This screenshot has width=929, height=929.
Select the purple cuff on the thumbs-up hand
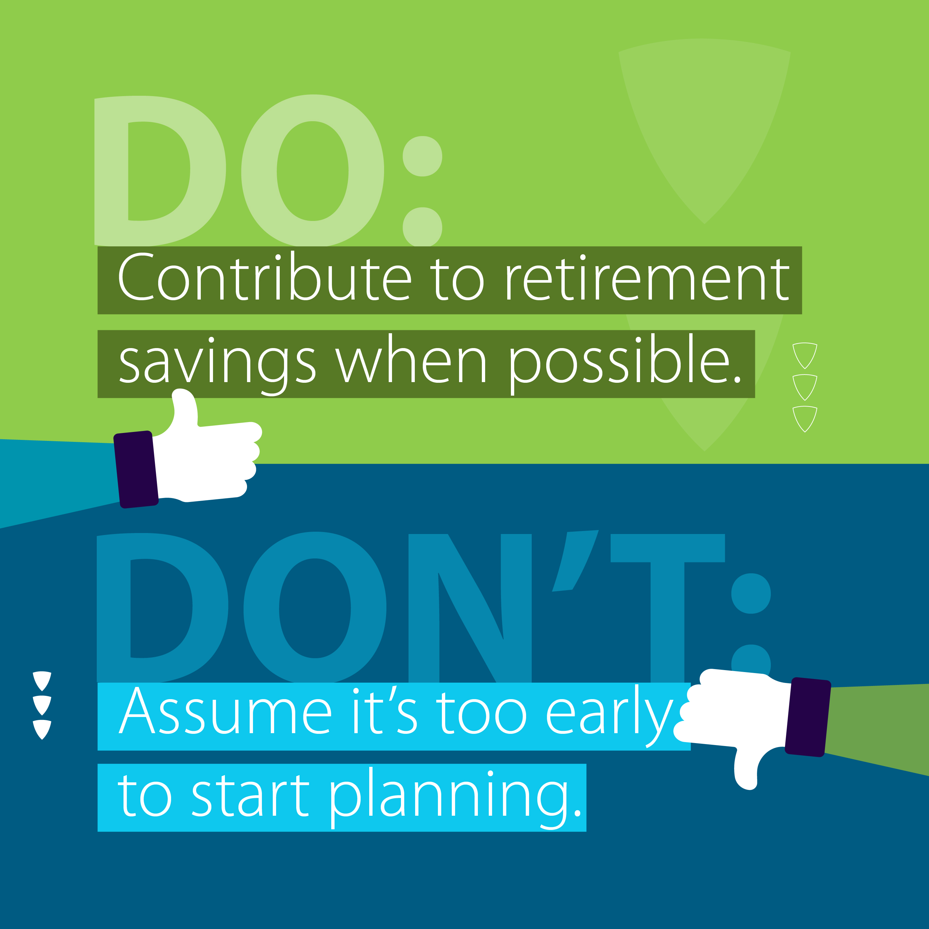pyautogui.click(x=136, y=469)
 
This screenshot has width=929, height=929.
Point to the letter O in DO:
pyautogui.click(x=312, y=171)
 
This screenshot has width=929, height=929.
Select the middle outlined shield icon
pyautogui.click(x=805, y=387)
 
